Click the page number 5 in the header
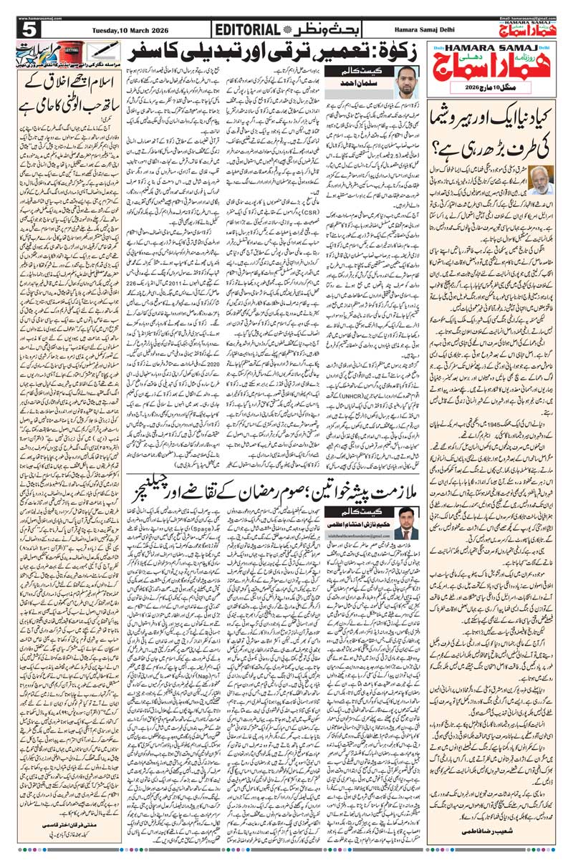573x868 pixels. [x=29, y=29]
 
